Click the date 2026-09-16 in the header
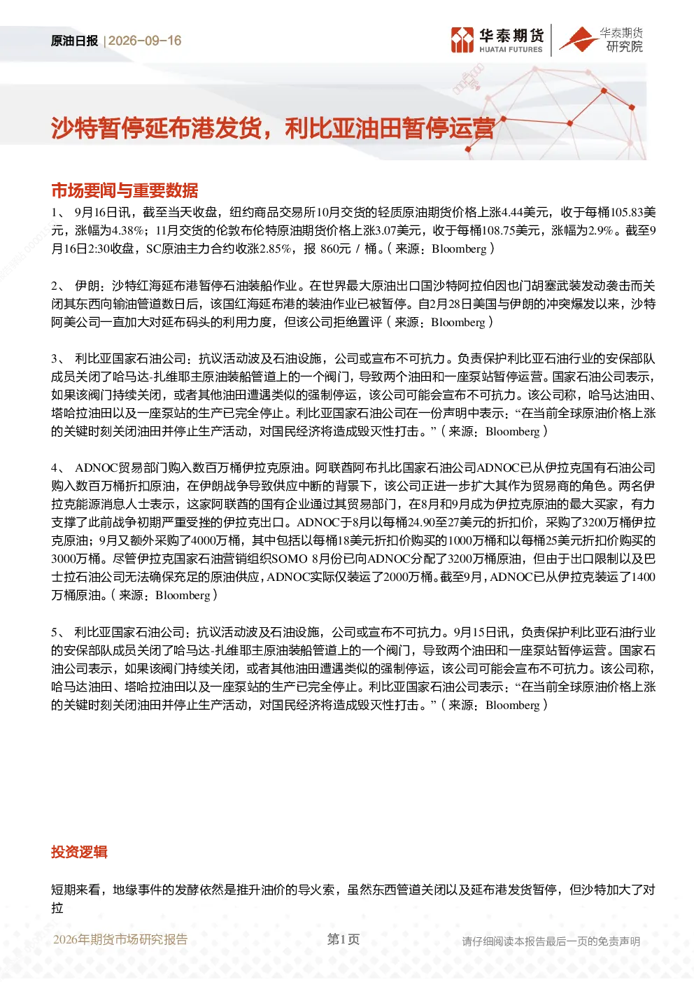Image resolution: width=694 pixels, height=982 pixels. click(x=145, y=41)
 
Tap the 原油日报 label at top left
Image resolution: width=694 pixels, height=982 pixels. click(x=74, y=41)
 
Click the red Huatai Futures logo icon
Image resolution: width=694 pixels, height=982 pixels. click(x=462, y=40)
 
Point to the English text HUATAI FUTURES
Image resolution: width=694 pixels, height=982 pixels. click(x=511, y=50)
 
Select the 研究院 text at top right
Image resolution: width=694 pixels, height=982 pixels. click(x=624, y=46)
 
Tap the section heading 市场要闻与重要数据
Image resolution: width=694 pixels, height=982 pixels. click(x=125, y=190)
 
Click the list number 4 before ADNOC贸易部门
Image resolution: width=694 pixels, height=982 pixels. click(x=54, y=468)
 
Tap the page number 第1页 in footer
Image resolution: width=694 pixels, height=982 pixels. click(x=344, y=939)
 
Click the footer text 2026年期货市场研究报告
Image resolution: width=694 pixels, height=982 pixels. click(x=120, y=939)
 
